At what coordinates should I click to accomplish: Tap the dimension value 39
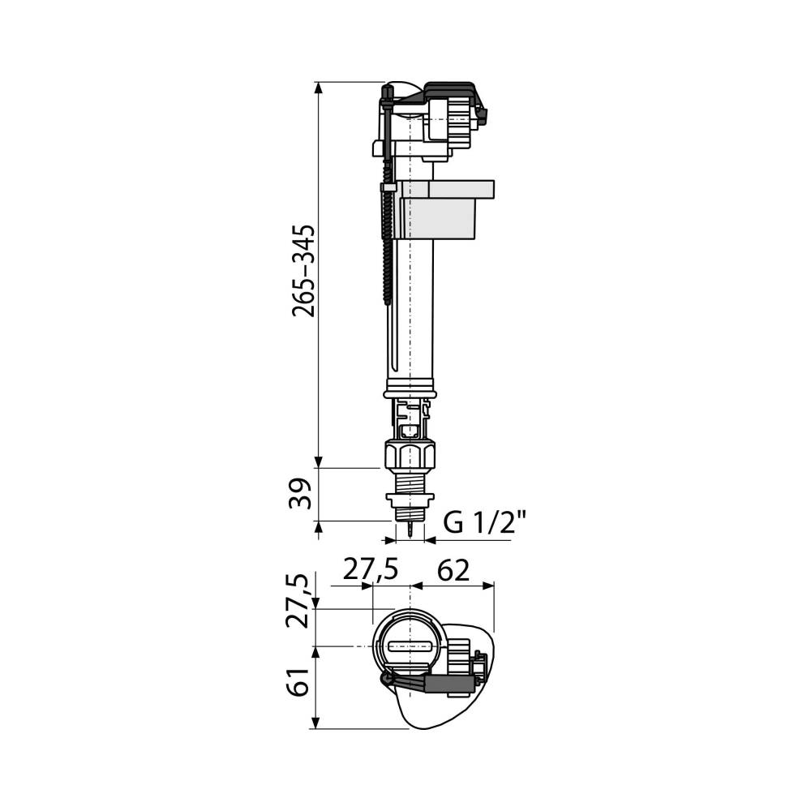coord(301,494)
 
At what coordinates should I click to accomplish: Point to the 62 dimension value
coord(453,570)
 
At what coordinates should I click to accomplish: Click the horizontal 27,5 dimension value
coord(371,570)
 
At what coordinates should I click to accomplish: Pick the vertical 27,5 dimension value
coord(301,601)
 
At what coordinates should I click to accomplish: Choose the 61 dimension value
coord(300,681)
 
